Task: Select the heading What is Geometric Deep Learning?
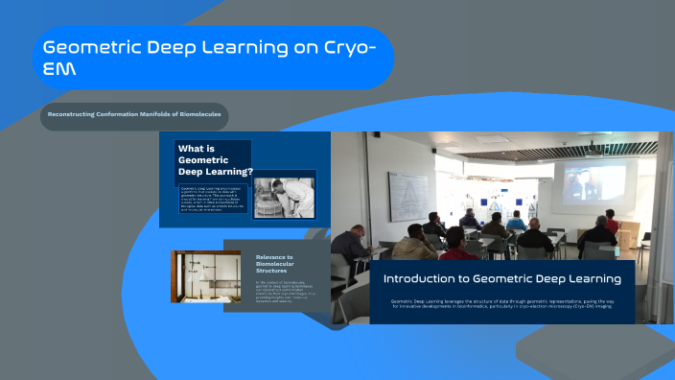coord(214,160)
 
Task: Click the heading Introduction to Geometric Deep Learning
coord(501,278)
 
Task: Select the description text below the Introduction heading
coord(501,306)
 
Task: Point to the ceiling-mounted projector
coord(594,149)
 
